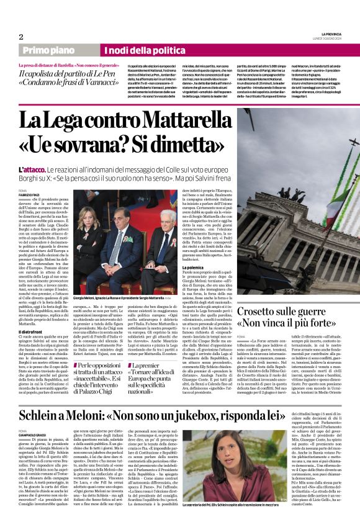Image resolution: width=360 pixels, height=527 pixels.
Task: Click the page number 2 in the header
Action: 21,37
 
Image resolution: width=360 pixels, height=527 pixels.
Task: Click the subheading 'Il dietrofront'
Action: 29,331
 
